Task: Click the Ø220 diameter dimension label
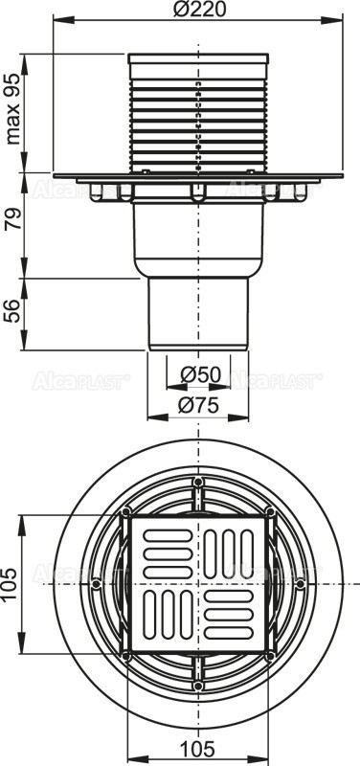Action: pyautogui.click(x=197, y=11)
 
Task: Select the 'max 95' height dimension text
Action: pyautogui.click(x=14, y=111)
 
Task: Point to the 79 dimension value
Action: pyautogui.click(x=13, y=227)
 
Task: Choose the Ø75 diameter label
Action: pyautogui.click(x=197, y=404)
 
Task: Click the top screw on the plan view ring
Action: pyautogui.click(x=198, y=481)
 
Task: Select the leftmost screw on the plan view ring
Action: pyautogui.click(x=97, y=581)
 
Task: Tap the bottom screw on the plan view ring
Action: pyautogui.click(x=198, y=684)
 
